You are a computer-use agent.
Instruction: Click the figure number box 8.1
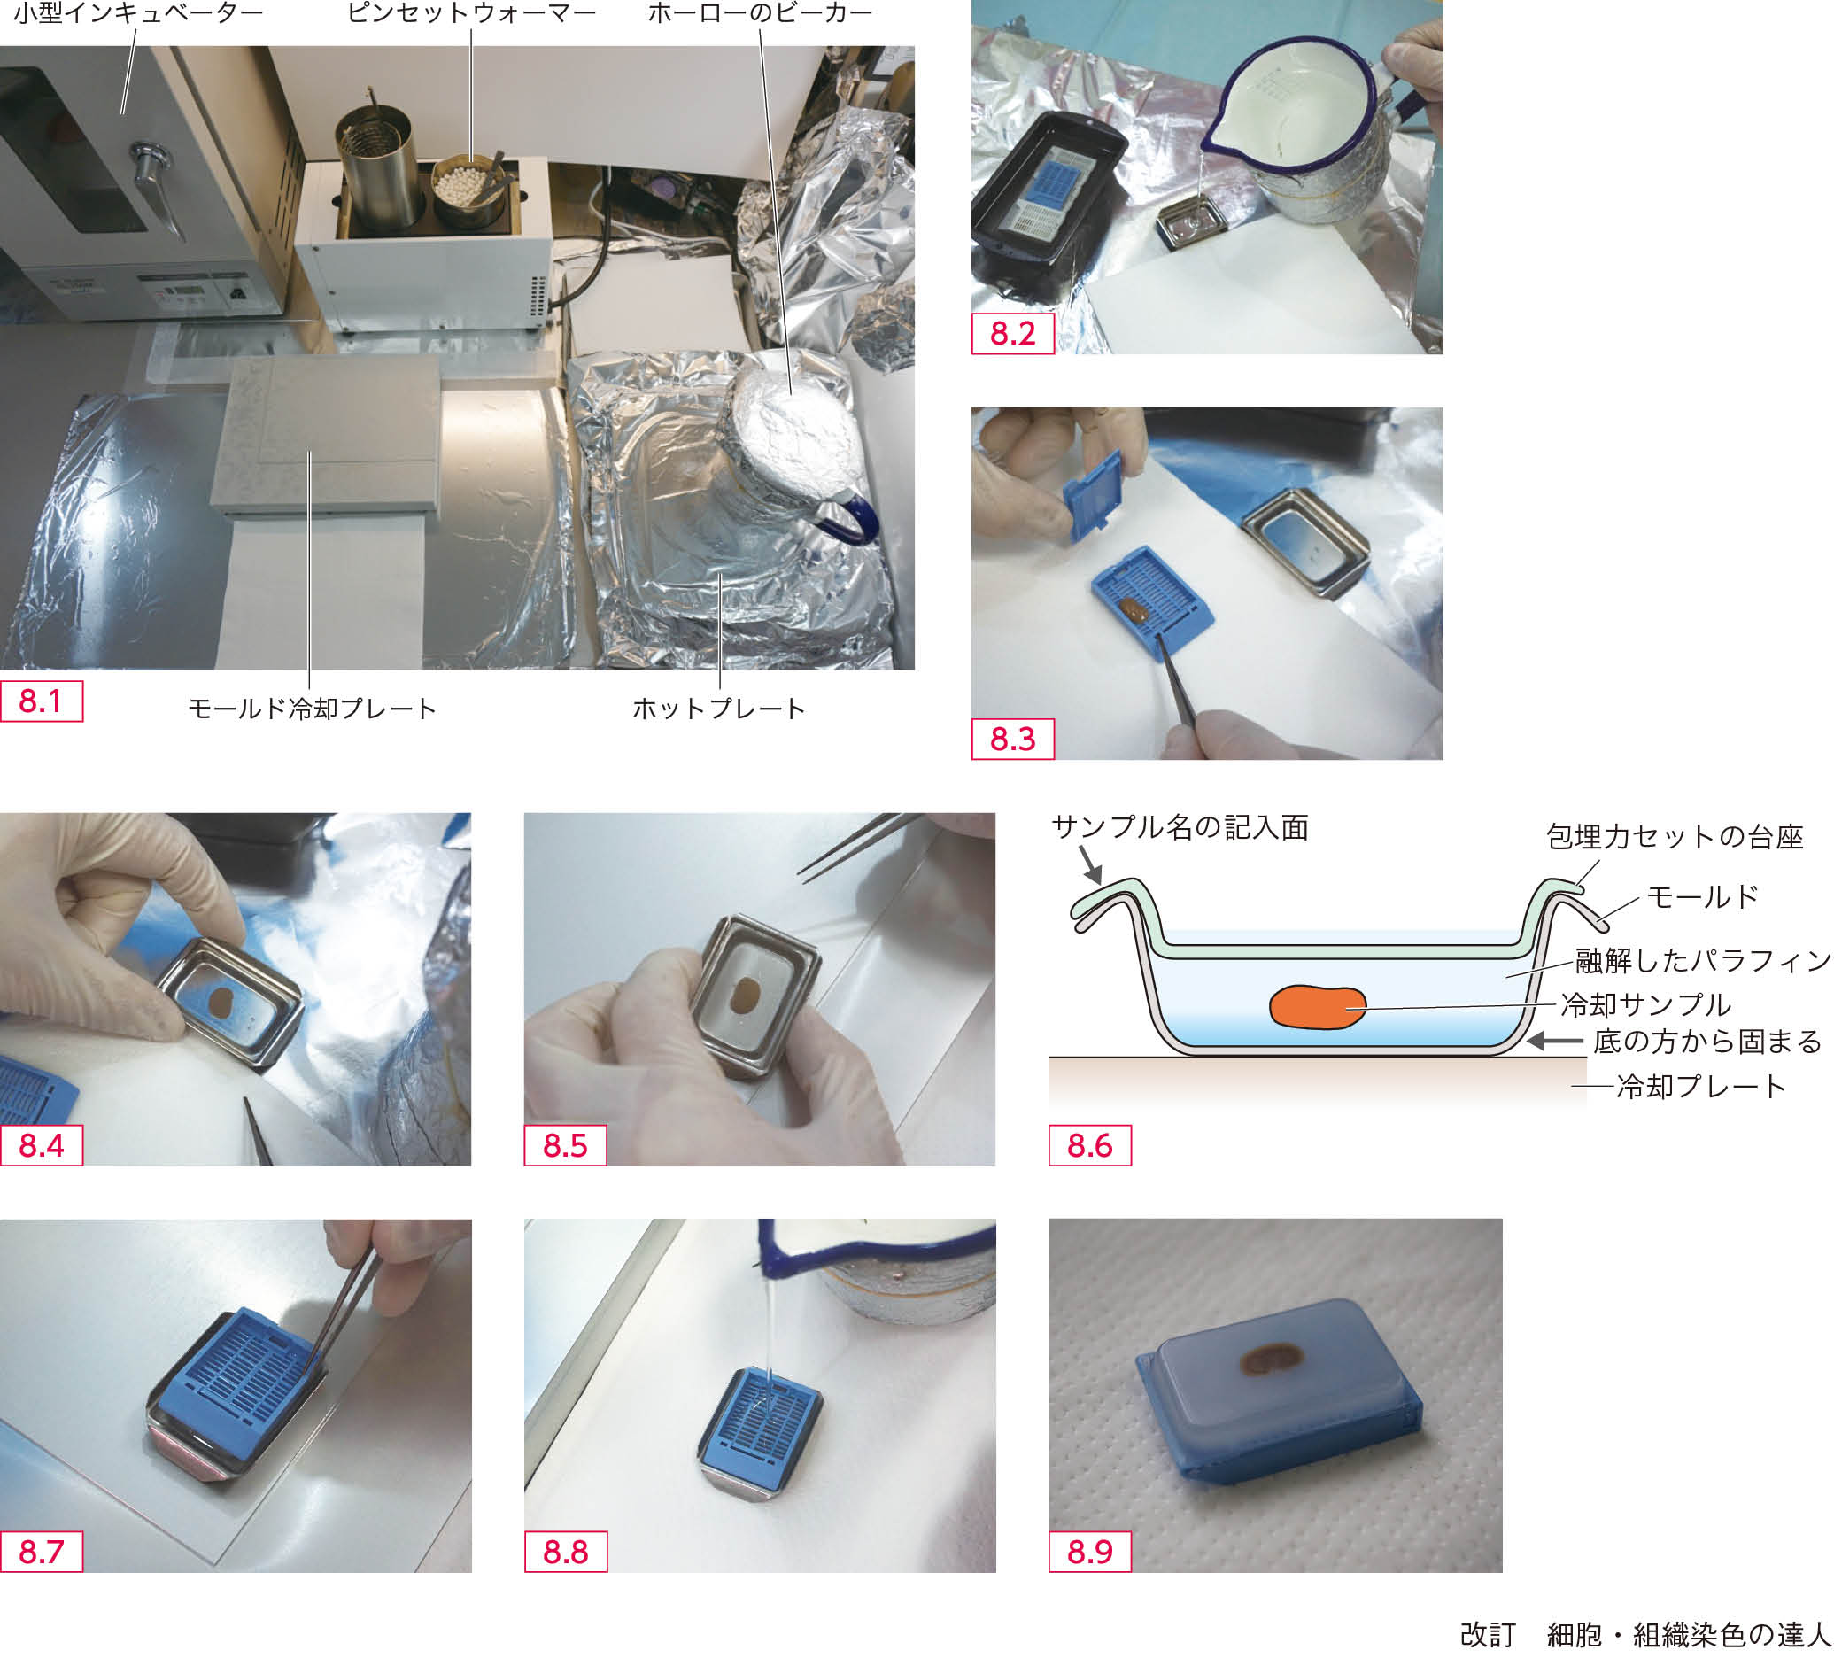pyautogui.click(x=41, y=701)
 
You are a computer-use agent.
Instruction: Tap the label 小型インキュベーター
pyautogui.click(x=137, y=13)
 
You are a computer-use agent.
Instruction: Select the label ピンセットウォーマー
pyautogui.click(x=471, y=13)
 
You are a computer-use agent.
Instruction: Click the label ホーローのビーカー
pyautogui.click(x=760, y=13)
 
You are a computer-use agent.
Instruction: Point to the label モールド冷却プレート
pyautogui.click(x=312, y=709)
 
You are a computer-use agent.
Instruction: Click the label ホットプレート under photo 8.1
pyautogui.click(x=719, y=709)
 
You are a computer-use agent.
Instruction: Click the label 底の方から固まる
pyautogui.click(x=1706, y=1041)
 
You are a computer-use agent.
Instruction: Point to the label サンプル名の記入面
pyautogui.click(x=1180, y=827)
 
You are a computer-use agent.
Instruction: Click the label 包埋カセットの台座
pyautogui.click(x=1674, y=836)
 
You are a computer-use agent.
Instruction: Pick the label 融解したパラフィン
pyautogui.click(x=1702, y=960)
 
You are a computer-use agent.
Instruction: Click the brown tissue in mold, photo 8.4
pyautogui.click(x=222, y=1002)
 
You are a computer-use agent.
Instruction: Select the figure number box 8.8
pyautogui.click(x=565, y=1552)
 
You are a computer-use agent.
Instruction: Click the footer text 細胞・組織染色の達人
pyautogui.click(x=1689, y=1635)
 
